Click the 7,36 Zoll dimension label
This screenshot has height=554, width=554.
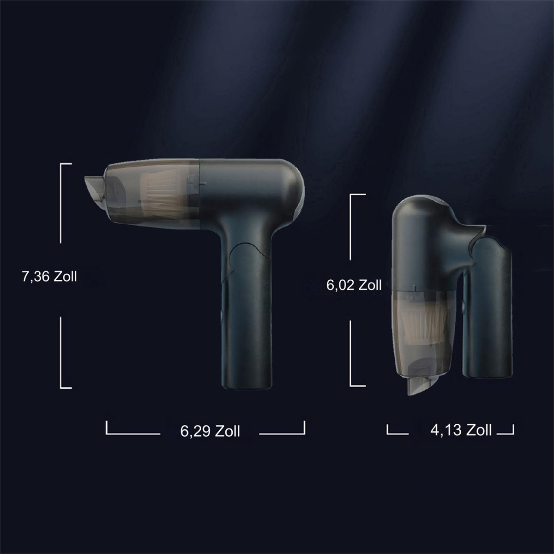(x=49, y=277)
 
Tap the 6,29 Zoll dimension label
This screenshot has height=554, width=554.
(x=210, y=431)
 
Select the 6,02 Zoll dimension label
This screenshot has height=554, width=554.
(x=354, y=285)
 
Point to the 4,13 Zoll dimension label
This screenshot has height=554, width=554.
(x=461, y=430)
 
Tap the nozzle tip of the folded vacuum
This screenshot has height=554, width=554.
(x=420, y=385)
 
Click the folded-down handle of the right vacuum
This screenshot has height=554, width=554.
(x=488, y=311)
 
